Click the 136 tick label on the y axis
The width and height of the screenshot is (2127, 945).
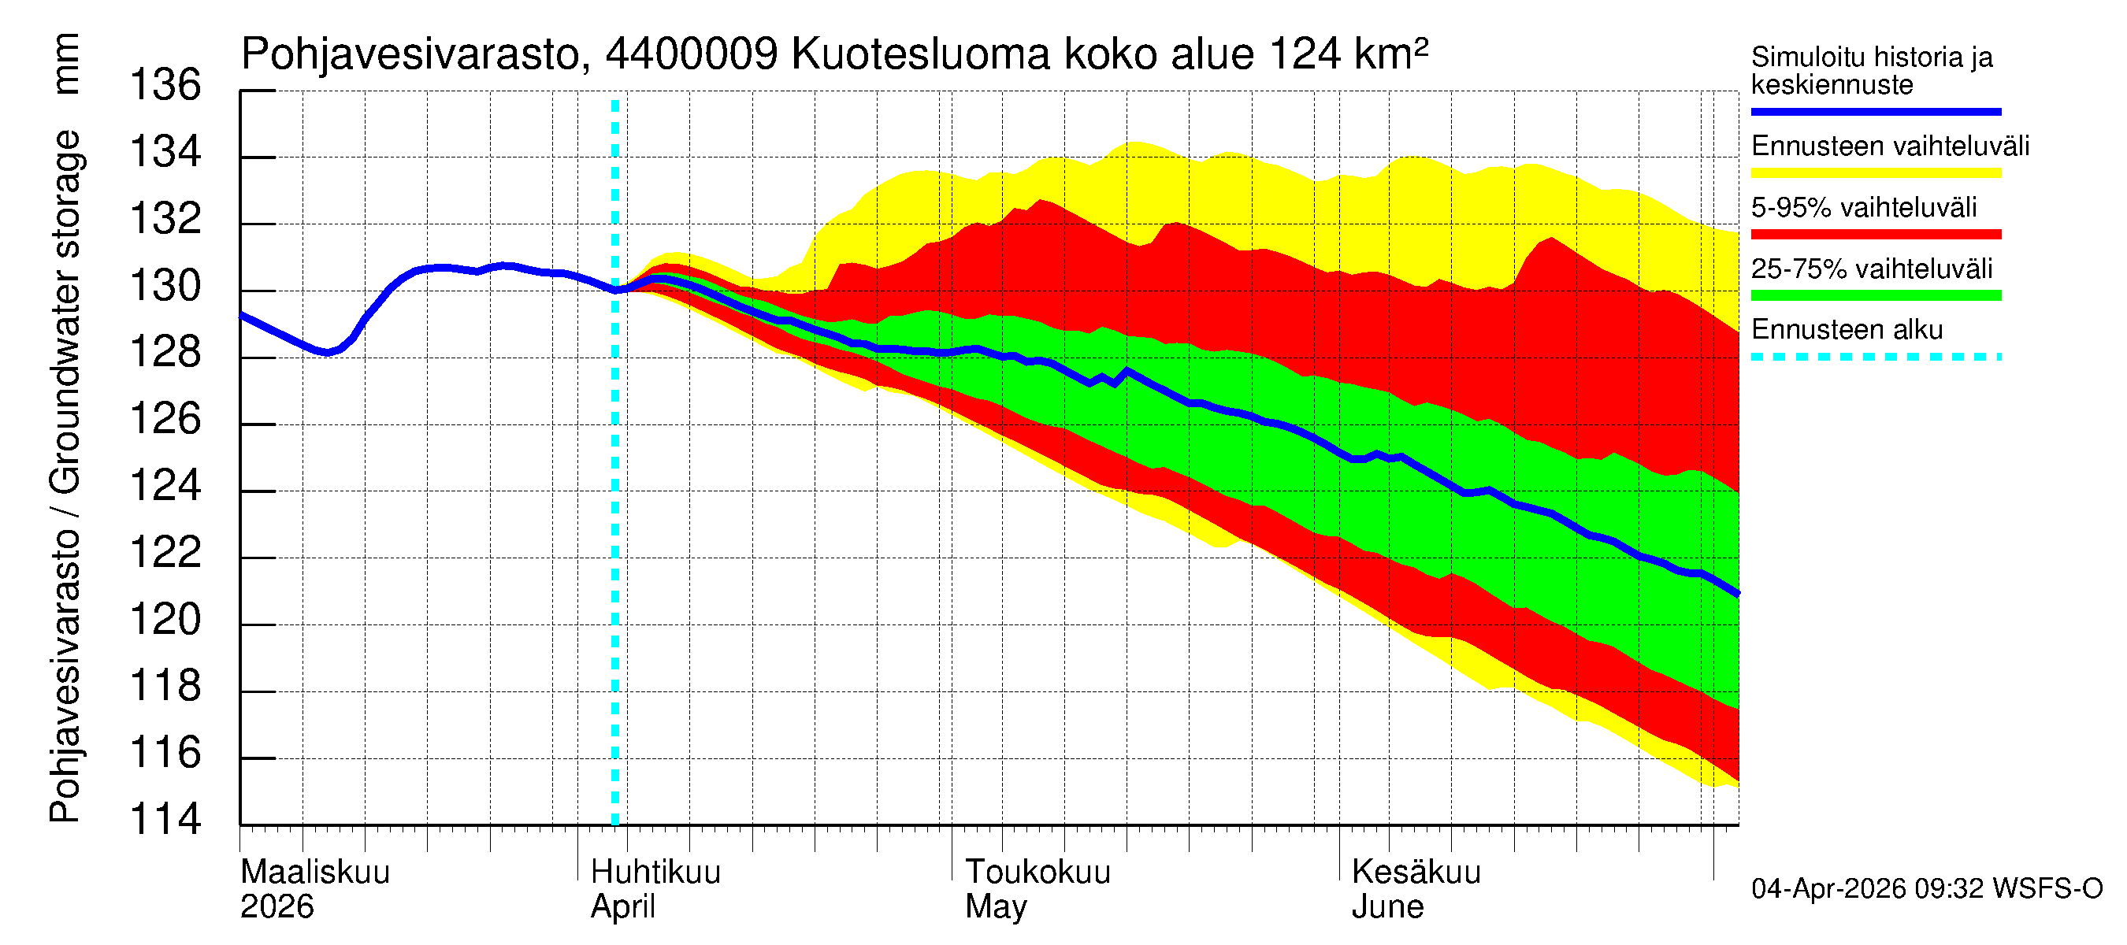[x=165, y=85]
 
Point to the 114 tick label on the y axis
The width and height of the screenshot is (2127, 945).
[x=165, y=820]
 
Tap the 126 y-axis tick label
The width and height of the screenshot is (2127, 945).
[x=165, y=419]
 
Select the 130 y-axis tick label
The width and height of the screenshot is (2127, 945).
[x=165, y=286]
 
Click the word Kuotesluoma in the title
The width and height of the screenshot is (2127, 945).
[x=920, y=54]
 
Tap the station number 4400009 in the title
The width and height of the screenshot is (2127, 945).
[x=691, y=54]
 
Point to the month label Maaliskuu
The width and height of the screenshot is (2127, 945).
[x=314, y=873]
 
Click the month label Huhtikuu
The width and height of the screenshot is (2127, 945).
[x=655, y=873]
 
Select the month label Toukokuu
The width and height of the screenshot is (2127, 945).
[x=1038, y=873]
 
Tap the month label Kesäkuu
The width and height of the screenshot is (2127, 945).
[x=1416, y=873]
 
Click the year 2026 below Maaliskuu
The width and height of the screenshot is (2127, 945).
[x=277, y=907]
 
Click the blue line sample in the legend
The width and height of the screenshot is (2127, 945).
[x=1875, y=111]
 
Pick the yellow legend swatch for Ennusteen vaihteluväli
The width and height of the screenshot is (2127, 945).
[x=1875, y=173]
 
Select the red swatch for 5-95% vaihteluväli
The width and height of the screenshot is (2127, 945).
[x=1875, y=235]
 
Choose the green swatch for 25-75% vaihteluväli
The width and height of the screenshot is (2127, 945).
[x=1875, y=295]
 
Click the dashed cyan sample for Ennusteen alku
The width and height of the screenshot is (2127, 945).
[x=1875, y=358]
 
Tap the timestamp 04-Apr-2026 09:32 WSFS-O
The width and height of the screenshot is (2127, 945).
[x=1926, y=889]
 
